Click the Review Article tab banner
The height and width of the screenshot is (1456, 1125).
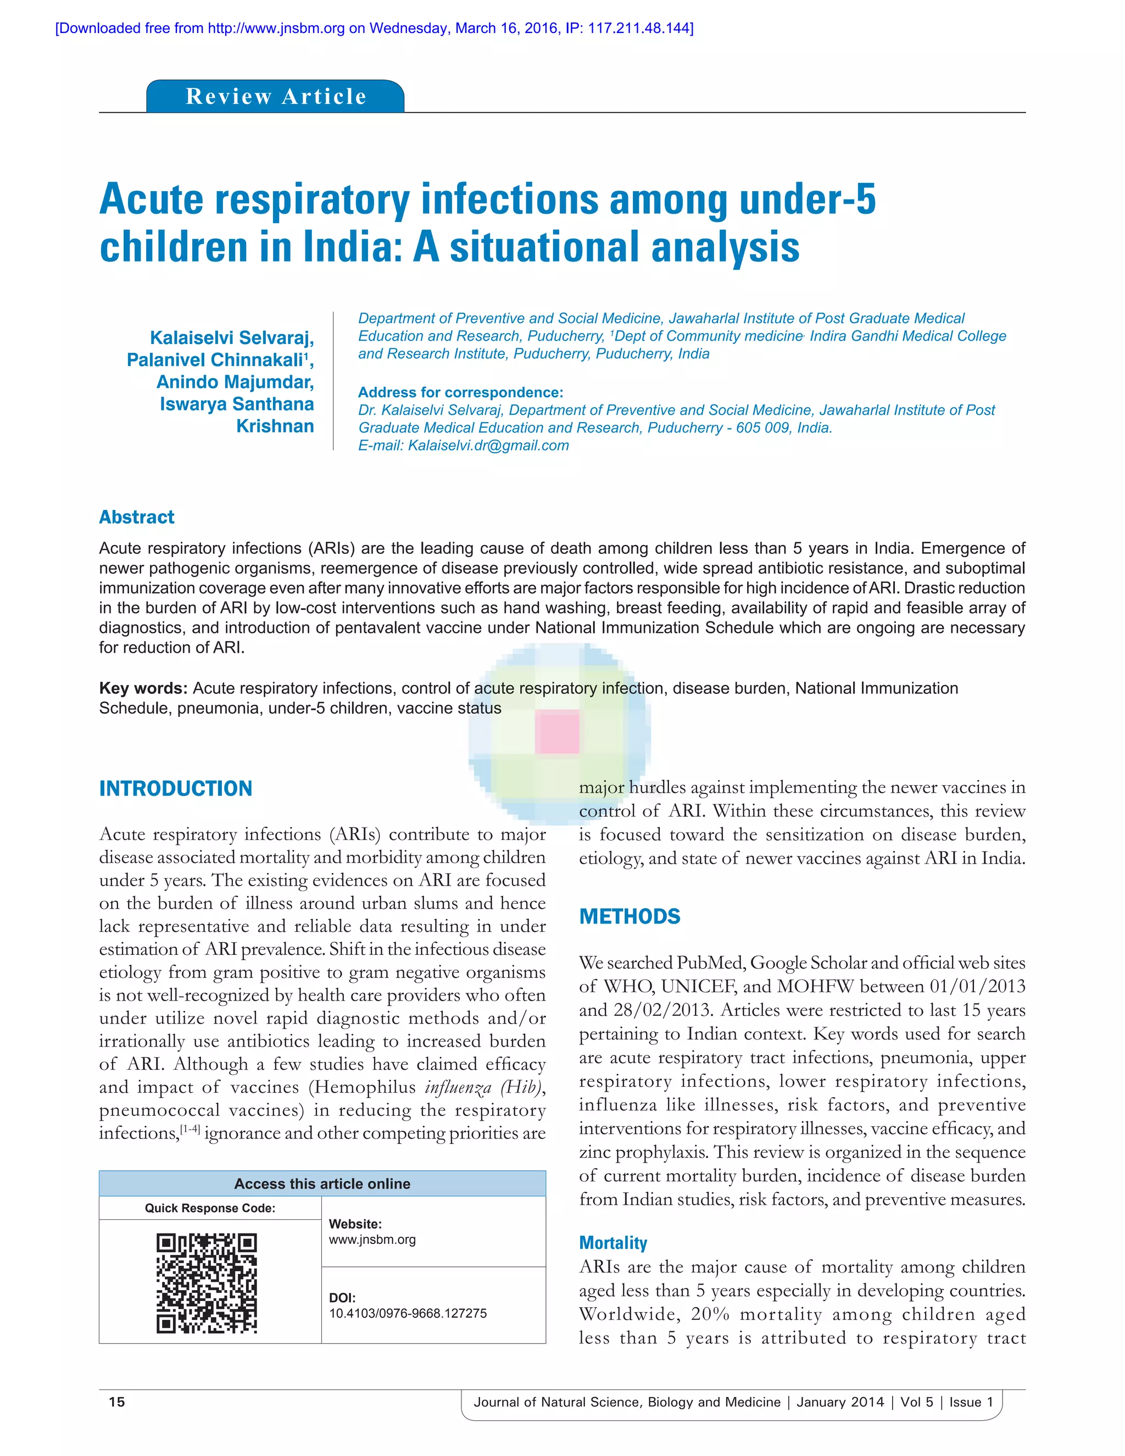(275, 97)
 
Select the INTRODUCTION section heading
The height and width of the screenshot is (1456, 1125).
(175, 788)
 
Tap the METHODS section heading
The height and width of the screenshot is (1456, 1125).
(629, 916)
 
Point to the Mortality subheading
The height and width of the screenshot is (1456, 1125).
(612, 1243)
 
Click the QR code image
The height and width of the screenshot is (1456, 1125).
(207, 1283)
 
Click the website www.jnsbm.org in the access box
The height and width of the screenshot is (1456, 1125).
(372, 1240)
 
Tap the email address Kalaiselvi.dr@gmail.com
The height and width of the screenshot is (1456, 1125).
(488, 446)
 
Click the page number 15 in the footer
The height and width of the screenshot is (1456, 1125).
(116, 1402)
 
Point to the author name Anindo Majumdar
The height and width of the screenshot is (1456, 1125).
(235, 382)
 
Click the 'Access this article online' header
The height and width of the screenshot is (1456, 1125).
(322, 1183)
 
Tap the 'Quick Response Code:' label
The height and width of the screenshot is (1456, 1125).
(210, 1208)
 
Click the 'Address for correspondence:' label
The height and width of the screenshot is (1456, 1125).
(460, 393)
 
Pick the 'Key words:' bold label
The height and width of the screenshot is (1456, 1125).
(143, 688)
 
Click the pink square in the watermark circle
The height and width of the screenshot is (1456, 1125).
(556, 731)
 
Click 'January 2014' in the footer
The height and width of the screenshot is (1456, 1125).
(840, 1402)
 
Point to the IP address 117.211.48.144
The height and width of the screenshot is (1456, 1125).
(638, 28)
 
